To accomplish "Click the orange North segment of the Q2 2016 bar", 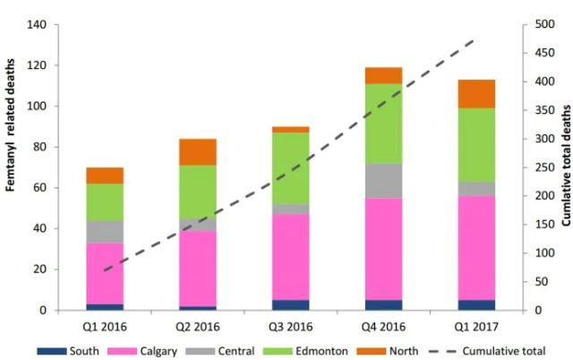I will point(198,152).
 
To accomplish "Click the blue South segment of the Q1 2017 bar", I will point(475,304).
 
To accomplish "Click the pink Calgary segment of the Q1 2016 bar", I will point(106,274).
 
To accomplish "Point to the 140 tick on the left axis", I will point(38,24).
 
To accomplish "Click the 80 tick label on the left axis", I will point(40,147).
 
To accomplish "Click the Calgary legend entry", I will point(163,351).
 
